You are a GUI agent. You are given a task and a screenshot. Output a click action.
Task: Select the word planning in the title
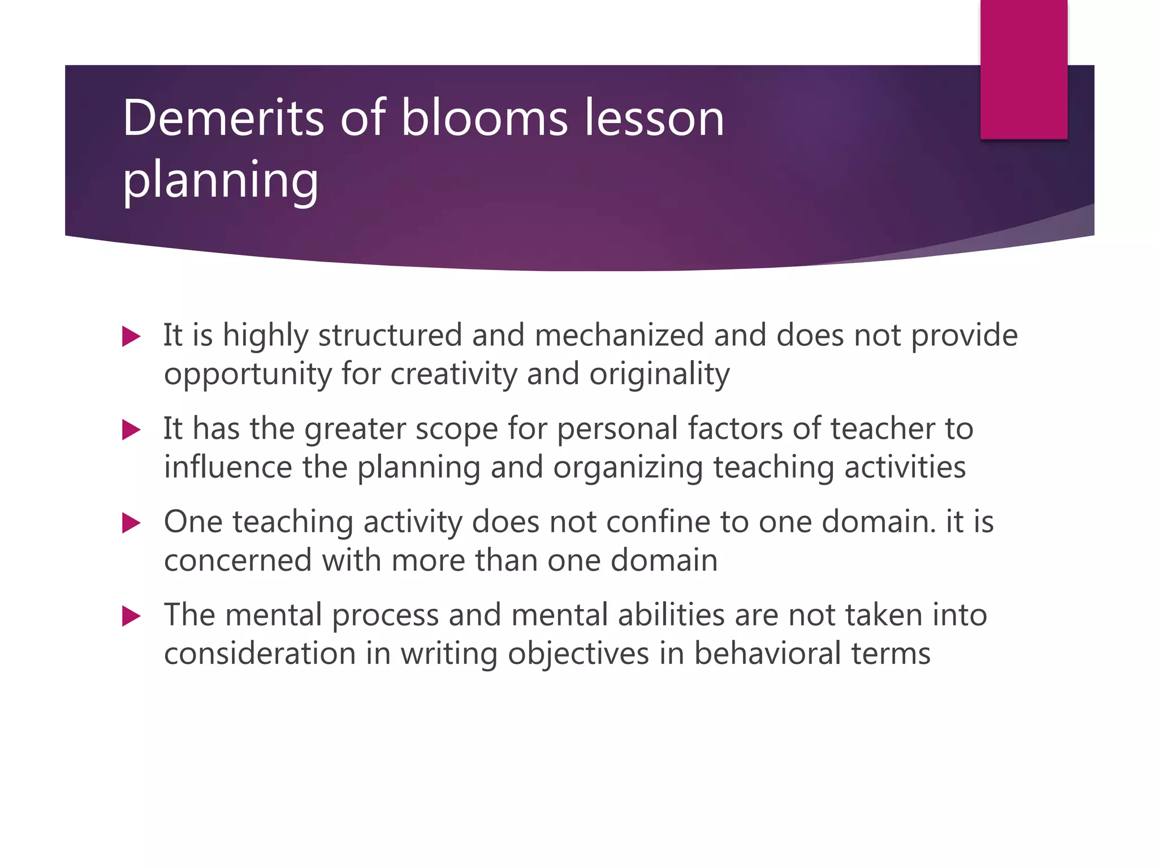pos(221,180)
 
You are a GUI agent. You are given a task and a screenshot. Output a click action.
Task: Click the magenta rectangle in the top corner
pos(1023,69)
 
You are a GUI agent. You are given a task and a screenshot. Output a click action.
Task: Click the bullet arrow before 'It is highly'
pos(131,337)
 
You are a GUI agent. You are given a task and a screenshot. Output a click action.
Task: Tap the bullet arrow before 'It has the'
pos(131,430)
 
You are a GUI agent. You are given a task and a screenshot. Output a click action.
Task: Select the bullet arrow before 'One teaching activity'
pos(131,523)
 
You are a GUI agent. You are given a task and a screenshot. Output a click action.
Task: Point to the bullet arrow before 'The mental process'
pos(131,616)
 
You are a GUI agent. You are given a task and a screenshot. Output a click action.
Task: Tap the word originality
pos(659,374)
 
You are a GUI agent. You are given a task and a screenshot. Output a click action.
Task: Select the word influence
pos(227,467)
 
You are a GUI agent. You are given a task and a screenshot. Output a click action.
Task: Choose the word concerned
pos(237,561)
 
